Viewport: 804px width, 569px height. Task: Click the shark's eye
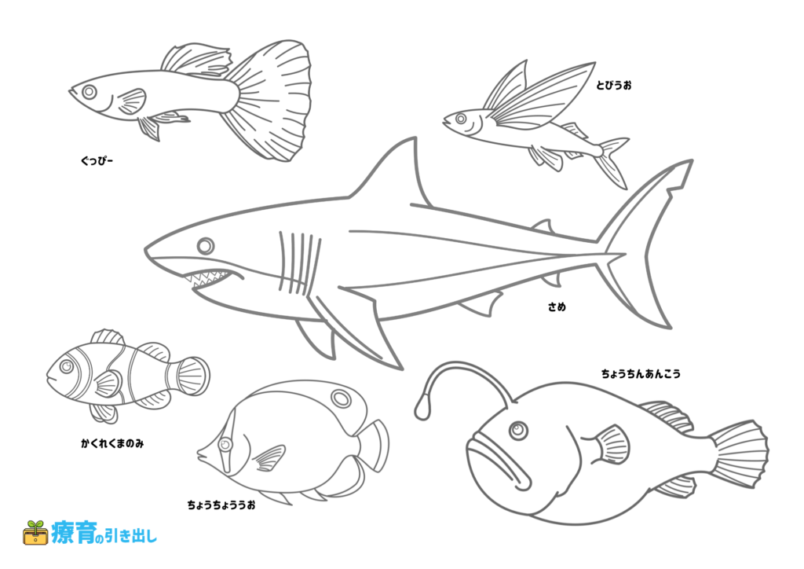(x=206, y=246)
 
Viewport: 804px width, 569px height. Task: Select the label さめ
(x=557, y=307)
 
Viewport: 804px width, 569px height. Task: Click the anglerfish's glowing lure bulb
(x=422, y=407)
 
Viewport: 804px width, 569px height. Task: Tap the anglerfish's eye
(x=518, y=429)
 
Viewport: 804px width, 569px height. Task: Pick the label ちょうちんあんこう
(x=641, y=373)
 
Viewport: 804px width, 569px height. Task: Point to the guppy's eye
(x=90, y=93)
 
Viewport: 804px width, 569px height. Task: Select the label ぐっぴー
(x=97, y=161)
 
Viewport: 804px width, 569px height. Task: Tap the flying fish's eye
(x=460, y=119)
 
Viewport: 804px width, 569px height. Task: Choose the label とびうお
(x=614, y=85)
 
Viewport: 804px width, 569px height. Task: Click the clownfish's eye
(x=67, y=366)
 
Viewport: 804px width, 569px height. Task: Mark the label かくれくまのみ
(x=112, y=443)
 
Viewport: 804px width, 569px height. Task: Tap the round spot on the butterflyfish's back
(x=341, y=398)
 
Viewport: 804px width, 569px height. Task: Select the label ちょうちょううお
(x=221, y=505)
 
